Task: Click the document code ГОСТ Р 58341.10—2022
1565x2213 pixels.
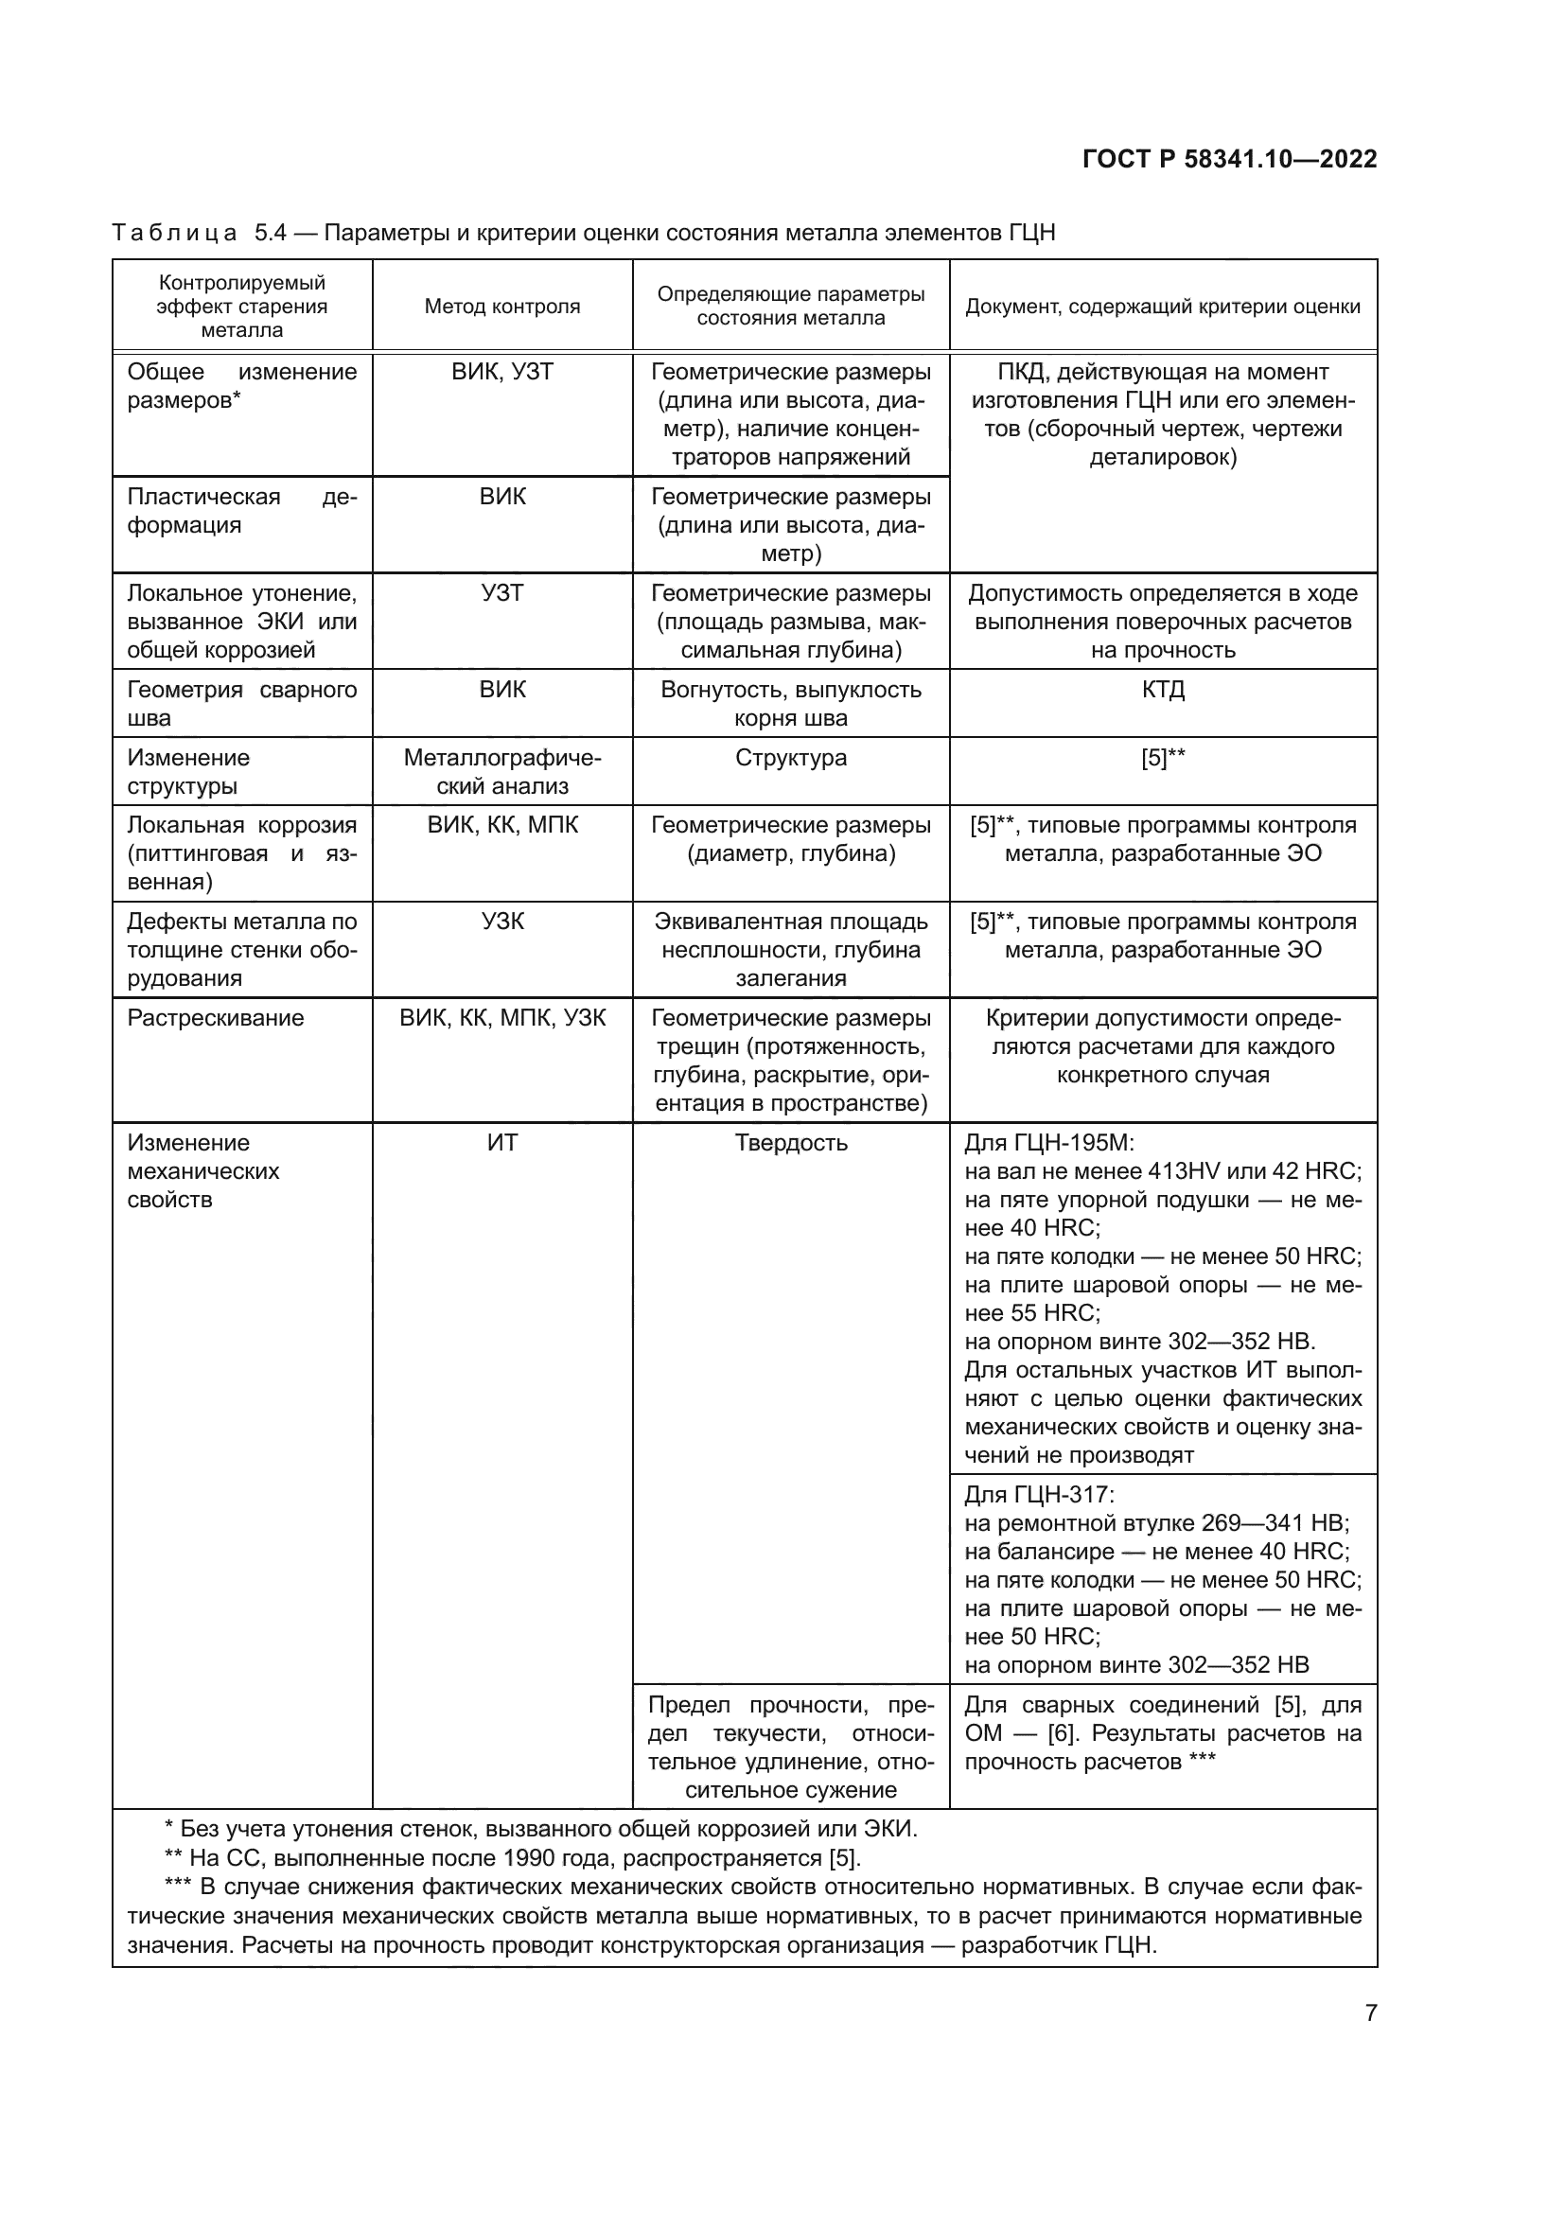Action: tap(1230, 160)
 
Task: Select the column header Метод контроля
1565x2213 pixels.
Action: tap(502, 307)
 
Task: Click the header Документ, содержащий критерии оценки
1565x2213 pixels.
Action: tap(1162, 307)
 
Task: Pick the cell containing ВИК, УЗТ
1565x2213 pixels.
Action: tap(502, 372)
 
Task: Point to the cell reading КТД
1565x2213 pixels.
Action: tap(1162, 689)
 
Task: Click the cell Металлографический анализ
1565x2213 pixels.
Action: tap(502, 771)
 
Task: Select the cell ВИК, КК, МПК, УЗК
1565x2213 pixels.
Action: tap(502, 1018)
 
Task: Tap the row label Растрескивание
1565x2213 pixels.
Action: tap(216, 1018)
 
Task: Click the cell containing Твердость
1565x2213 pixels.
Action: tap(791, 1142)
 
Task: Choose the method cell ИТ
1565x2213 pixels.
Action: tap(502, 1142)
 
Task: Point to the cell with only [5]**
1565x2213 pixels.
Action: tap(1162, 758)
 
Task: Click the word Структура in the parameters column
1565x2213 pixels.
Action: tap(791, 758)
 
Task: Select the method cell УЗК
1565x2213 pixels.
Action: tap(502, 922)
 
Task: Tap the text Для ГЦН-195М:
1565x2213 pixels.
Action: tap(1049, 1142)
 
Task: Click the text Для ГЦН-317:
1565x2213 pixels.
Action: tap(1039, 1495)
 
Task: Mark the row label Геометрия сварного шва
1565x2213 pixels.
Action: tap(241, 704)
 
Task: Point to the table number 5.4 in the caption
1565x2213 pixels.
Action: tap(271, 233)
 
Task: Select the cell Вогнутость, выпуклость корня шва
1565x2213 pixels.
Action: tap(791, 704)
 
